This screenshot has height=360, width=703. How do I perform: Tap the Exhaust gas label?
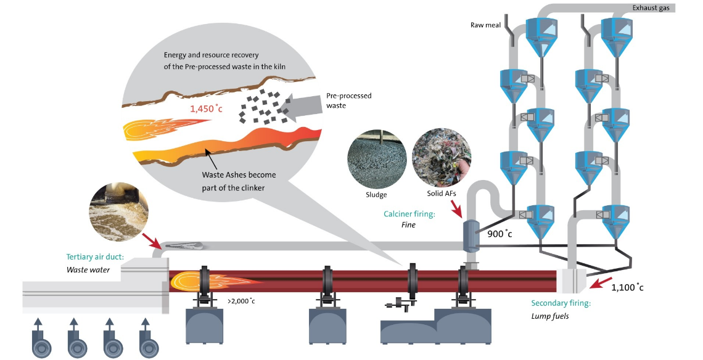(x=654, y=8)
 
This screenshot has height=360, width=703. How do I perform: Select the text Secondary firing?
(x=561, y=303)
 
